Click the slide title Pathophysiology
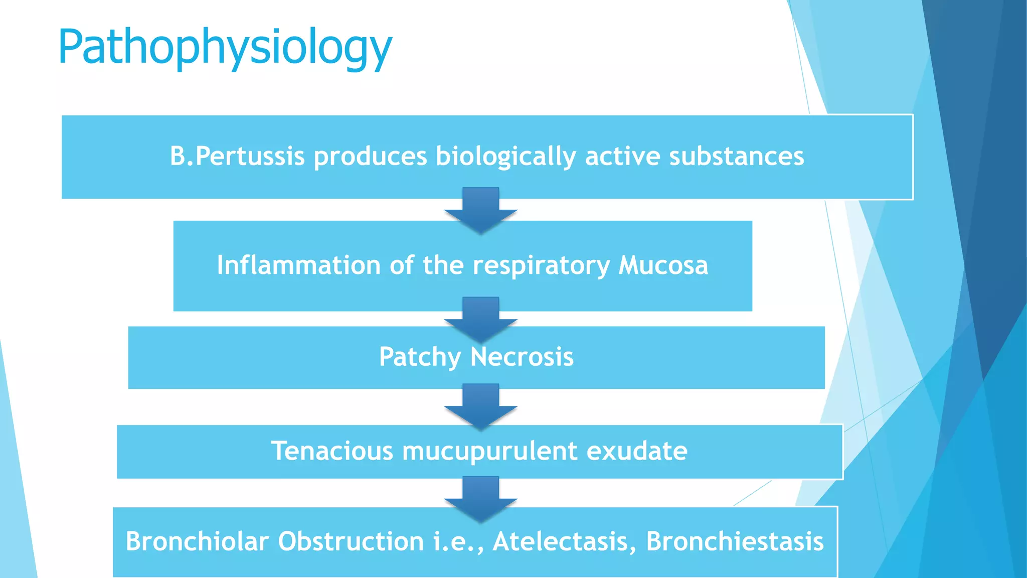point(225,48)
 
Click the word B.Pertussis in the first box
point(237,156)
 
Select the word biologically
point(505,156)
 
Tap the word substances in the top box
point(736,156)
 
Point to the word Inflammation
point(298,265)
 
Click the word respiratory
point(541,266)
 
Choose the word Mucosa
point(663,265)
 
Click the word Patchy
point(420,357)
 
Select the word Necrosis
point(522,357)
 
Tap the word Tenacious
point(332,451)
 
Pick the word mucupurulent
point(489,451)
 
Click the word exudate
point(637,451)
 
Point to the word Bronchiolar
point(197,541)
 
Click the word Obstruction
point(351,541)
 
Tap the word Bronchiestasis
point(735,541)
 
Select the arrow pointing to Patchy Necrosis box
point(480,319)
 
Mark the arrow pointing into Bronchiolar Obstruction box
point(480,498)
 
